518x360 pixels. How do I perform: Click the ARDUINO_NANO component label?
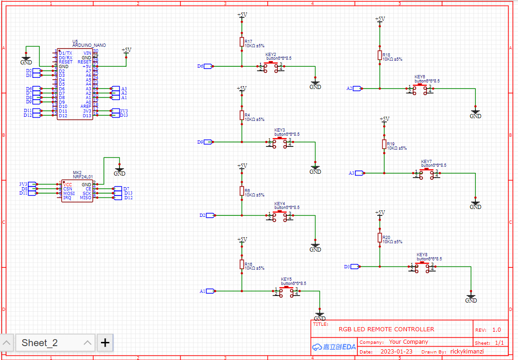click(89, 45)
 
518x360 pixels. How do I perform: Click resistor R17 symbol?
click(241, 42)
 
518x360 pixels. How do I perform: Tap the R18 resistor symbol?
click(379, 56)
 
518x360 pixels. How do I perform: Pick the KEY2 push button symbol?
click(271, 67)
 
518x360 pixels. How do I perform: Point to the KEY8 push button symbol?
click(422, 267)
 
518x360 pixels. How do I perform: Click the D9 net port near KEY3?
click(208, 142)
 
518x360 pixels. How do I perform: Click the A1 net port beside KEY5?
click(210, 291)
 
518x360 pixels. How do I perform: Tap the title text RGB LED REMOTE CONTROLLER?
click(386, 329)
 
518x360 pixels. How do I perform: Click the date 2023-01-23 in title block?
click(396, 352)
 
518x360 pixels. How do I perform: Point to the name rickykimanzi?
click(467, 352)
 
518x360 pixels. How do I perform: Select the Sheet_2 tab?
click(40, 343)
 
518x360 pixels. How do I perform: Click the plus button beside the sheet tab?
click(105, 343)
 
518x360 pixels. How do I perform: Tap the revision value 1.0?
click(496, 330)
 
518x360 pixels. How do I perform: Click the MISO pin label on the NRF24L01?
click(86, 198)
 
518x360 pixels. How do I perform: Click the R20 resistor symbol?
click(379, 238)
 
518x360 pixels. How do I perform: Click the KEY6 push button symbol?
click(420, 88)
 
